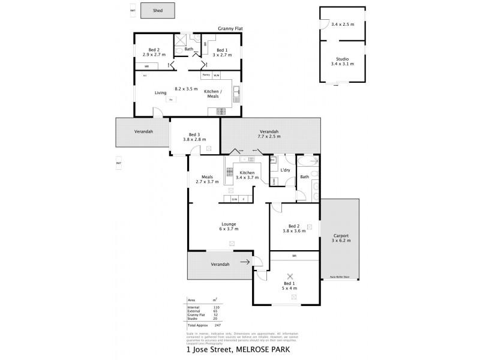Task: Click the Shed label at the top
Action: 158,10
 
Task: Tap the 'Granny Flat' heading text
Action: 230,28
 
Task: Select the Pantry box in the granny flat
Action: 206,75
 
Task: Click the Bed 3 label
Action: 194,134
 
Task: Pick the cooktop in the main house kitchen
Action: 229,173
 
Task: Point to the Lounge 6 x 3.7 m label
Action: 229,226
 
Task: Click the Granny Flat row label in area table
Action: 196,315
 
